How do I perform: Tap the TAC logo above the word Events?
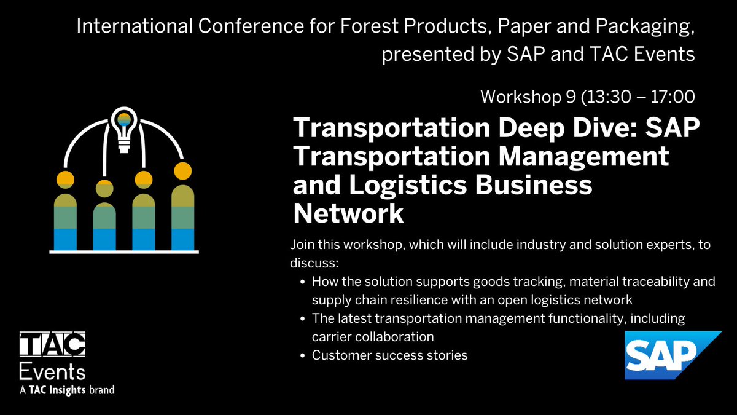tap(52, 346)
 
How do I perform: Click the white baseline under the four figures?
tap(124, 252)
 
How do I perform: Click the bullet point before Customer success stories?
tap(303, 355)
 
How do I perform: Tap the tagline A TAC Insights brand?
tap(68, 390)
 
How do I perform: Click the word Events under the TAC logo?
tap(52, 371)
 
